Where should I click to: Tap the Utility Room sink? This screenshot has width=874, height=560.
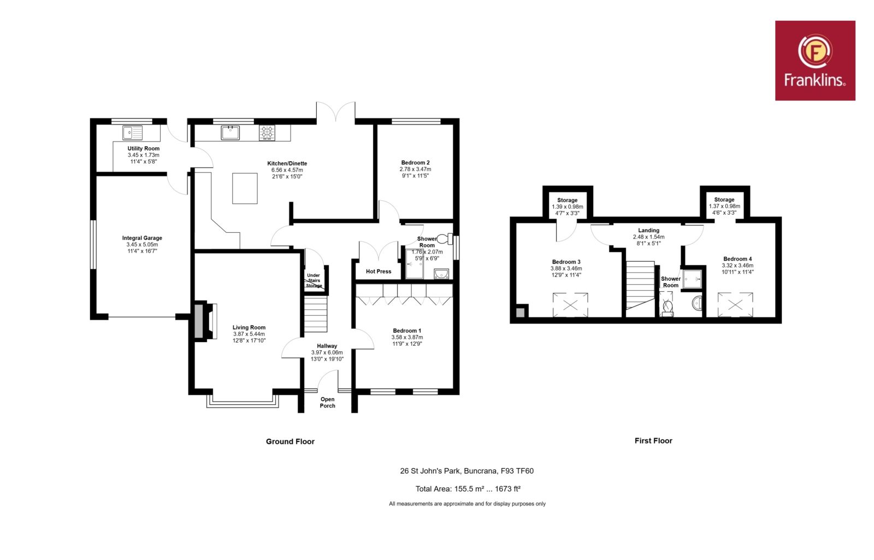(x=132, y=133)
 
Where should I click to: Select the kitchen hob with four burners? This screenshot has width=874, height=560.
(x=267, y=133)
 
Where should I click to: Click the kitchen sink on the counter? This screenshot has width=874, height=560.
(x=230, y=133)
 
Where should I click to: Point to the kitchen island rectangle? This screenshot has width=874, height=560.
(x=245, y=188)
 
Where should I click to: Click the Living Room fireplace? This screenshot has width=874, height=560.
(x=204, y=321)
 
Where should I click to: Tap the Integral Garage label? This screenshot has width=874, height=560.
(x=142, y=238)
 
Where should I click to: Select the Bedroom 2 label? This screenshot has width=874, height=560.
(x=415, y=163)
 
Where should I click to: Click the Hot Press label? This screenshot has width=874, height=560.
(x=379, y=271)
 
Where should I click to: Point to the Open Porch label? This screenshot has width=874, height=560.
(x=327, y=402)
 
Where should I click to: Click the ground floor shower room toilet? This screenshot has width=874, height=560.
(x=445, y=238)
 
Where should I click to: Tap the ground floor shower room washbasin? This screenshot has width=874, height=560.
(x=441, y=274)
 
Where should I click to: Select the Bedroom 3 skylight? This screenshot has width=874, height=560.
(x=570, y=305)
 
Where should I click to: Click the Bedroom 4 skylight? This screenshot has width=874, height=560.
(x=735, y=304)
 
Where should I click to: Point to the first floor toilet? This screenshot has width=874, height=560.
(x=667, y=308)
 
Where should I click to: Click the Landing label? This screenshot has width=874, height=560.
(x=648, y=230)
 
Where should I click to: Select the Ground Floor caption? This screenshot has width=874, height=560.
(x=290, y=441)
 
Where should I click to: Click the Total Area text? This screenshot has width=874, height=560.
(x=468, y=488)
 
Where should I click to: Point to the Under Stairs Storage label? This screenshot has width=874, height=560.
(x=314, y=281)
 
